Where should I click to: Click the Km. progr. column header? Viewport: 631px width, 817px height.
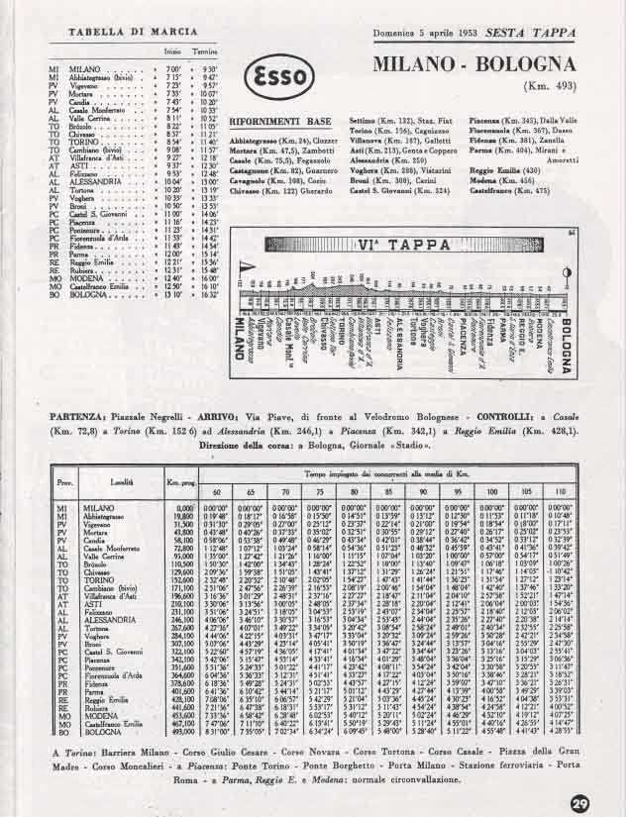[x=181, y=482]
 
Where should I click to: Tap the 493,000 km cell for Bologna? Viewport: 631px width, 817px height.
[x=180, y=730]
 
